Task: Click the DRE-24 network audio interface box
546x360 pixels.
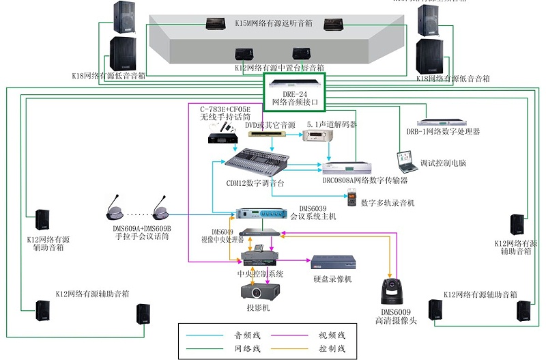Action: pos(295,85)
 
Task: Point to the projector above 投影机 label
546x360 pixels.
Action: pos(257,291)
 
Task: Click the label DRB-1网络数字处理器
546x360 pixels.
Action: pos(443,131)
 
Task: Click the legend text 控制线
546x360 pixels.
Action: pos(332,349)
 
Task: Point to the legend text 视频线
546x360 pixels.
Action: pos(332,335)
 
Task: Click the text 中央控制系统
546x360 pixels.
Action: pos(260,274)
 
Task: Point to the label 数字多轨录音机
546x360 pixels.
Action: pos(388,203)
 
